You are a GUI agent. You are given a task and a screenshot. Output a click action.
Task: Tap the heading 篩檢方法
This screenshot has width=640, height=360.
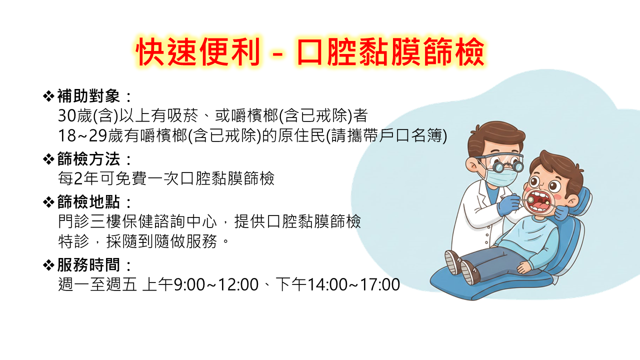pyautogui.click(x=88, y=159)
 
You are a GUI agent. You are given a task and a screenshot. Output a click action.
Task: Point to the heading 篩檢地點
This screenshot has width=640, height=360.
pyautogui.click(x=88, y=201)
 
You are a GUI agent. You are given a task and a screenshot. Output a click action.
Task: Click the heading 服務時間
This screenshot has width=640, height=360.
pyautogui.click(x=88, y=265)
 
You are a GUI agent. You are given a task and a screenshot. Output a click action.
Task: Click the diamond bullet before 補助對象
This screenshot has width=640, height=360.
pyautogui.click(x=48, y=96)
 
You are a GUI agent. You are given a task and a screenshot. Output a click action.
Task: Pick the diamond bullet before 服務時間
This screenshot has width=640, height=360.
pyautogui.click(x=48, y=265)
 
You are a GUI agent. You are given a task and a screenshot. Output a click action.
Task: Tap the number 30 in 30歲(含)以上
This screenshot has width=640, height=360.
pyautogui.click(x=67, y=115)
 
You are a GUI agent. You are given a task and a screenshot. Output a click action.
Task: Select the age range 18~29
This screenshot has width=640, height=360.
pyautogui.click(x=82, y=135)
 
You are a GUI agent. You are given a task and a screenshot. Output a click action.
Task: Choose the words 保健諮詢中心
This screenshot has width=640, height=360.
pyautogui.click(x=169, y=221)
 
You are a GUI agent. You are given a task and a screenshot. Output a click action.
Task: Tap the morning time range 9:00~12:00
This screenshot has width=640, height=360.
pyautogui.click(x=216, y=284)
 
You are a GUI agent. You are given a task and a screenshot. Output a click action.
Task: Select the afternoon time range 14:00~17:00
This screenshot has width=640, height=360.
pyautogui.click(x=353, y=284)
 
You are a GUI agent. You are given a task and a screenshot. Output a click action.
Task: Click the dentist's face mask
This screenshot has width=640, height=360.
pyautogui.click(x=502, y=177)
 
